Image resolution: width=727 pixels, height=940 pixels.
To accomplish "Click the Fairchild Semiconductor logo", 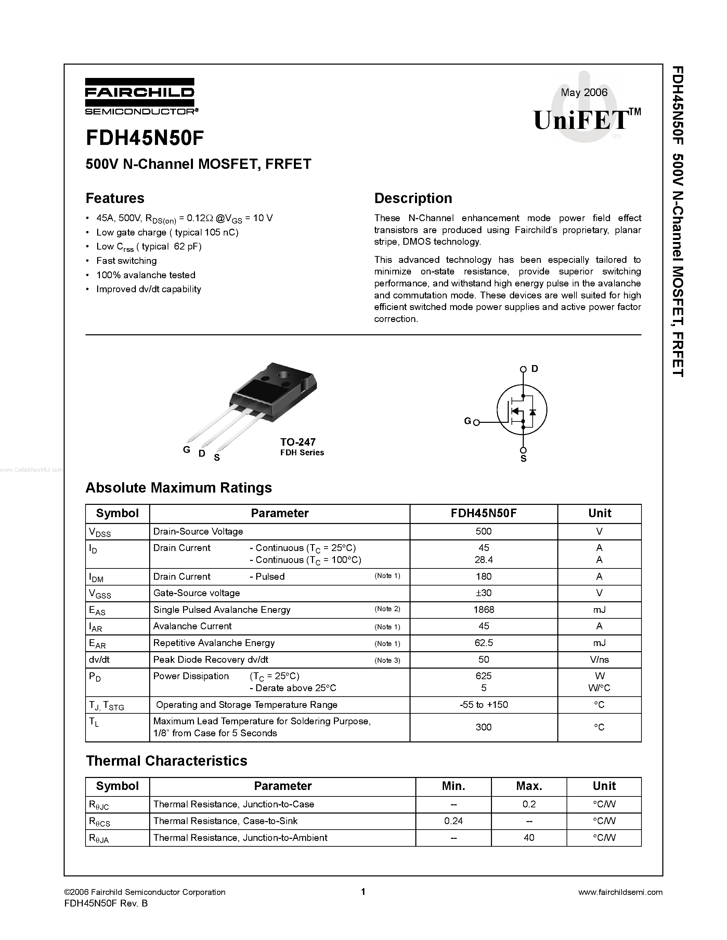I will (140, 96).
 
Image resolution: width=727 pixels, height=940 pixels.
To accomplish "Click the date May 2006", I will (584, 93).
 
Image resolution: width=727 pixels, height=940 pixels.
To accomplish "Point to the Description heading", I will (413, 198).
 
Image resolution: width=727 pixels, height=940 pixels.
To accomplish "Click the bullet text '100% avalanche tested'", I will (146, 275).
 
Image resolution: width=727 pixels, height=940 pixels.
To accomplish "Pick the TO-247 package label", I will (298, 442).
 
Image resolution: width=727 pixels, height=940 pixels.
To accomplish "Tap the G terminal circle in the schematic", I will (476, 422).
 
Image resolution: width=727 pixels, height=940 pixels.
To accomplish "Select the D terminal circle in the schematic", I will (523, 369).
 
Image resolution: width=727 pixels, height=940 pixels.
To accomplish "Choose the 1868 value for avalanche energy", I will (484, 610).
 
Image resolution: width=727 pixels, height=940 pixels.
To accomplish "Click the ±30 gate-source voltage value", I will (484, 593).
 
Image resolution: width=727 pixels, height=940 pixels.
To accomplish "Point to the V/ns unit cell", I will (599, 660).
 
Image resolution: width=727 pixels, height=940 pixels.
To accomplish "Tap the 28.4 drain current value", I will (484, 560).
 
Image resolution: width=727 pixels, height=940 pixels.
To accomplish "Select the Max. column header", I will (529, 786).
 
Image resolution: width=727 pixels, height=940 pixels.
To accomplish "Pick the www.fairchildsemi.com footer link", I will (620, 892).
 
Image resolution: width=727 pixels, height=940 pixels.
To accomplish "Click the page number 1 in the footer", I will (363, 892).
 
